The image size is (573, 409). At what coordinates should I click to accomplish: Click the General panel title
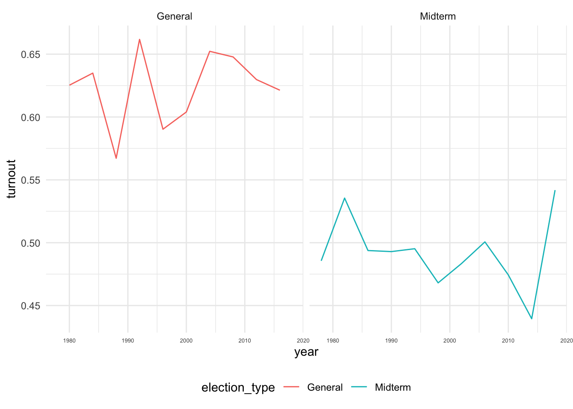pyautogui.click(x=174, y=16)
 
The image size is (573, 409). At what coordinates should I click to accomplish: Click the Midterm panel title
pyautogui.click(x=438, y=16)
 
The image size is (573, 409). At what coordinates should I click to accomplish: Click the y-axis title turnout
pyautogui.click(x=12, y=179)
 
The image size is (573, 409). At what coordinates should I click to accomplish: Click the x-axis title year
pyautogui.click(x=306, y=352)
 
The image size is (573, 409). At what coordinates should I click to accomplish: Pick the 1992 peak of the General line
pyautogui.click(x=139, y=39)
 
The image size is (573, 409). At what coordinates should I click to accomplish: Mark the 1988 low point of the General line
pyautogui.click(x=116, y=158)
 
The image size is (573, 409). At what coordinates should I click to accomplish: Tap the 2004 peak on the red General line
pyautogui.click(x=210, y=51)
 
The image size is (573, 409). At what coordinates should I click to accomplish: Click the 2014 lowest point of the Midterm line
pyautogui.click(x=532, y=319)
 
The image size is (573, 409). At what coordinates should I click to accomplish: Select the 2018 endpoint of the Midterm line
pyautogui.click(x=555, y=190)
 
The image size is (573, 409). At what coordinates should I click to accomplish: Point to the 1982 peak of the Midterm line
pyautogui.click(x=344, y=198)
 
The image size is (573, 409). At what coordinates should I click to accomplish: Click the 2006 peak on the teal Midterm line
pyautogui.click(x=485, y=242)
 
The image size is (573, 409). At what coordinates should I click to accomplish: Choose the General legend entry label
pyautogui.click(x=325, y=387)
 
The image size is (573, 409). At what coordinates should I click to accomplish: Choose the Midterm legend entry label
pyautogui.click(x=393, y=387)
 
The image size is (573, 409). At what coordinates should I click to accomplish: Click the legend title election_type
pyautogui.click(x=238, y=387)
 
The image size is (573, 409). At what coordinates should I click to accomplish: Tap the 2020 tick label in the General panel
pyautogui.click(x=303, y=340)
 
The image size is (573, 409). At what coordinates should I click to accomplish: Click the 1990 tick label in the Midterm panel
pyautogui.click(x=391, y=340)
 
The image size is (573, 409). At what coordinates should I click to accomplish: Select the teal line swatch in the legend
pyautogui.click(x=359, y=387)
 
